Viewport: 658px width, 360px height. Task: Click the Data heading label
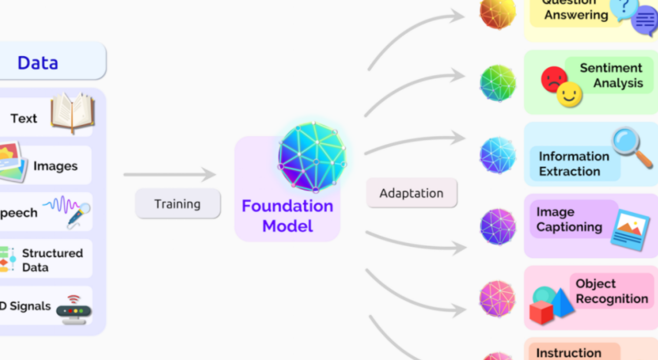pyautogui.click(x=38, y=62)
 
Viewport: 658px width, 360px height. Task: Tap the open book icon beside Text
pyautogui.click(x=73, y=112)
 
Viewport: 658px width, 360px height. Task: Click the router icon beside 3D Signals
pyautogui.click(x=74, y=310)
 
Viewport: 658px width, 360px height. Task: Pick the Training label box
pyautogui.click(x=178, y=204)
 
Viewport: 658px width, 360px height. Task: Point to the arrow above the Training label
pyautogui.click(x=169, y=174)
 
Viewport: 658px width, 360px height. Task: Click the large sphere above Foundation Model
pyautogui.click(x=312, y=157)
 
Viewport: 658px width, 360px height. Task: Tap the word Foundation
pyautogui.click(x=287, y=206)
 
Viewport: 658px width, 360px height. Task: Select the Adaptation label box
pyautogui.click(x=411, y=193)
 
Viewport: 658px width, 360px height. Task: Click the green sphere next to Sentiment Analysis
pyautogui.click(x=498, y=83)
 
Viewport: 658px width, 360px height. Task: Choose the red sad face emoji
pyautogui.click(x=554, y=79)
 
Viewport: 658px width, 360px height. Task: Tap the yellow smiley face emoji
pyautogui.click(x=569, y=95)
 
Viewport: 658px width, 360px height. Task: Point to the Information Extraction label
pyautogui.click(x=574, y=164)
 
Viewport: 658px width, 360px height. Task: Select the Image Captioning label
pyautogui.click(x=569, y=219)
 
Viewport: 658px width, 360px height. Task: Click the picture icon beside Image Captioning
pyautogui.click(x=630, y=230)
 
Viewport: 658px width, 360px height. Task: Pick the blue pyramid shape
pyautogui.click(x=562, y=302)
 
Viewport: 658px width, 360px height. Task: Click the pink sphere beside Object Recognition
pyautogui.click(x=498, y=299)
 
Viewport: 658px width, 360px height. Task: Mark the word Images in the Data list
pyautogui.click(x=55, y=166)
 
